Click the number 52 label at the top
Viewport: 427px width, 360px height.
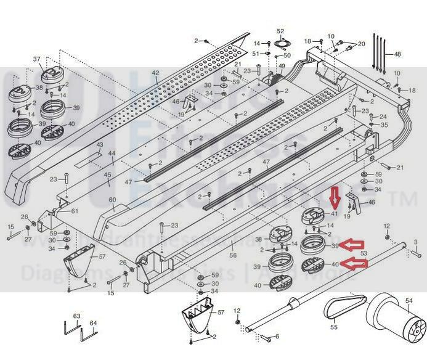pyautogui.click(x=280, y=31)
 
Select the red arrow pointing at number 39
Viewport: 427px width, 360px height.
pyautogui.click(x=355, y=245)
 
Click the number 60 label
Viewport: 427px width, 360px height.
pyautogui.click(x=112, y=200)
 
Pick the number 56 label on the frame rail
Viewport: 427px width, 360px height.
pyautogui.click(x=233, y=256)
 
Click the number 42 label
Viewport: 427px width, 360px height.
pyautogui.click(x=155, y=73)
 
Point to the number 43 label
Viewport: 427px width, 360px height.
pyautogui.click(x=99, y=145)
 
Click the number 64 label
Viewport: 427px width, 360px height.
pyautogui.click(x=93, y=322)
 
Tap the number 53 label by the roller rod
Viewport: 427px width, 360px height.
pyautogui.click(x=364, y=253)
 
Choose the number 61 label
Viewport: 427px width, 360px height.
pyautogui.click(x=75, y=211)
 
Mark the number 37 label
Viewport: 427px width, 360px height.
pyautogui.click(x=36, y=59)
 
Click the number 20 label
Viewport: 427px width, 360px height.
pyautogui.click(x=362, y=44)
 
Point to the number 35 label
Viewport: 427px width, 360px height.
pyautogui.click(x=384, y=125)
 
